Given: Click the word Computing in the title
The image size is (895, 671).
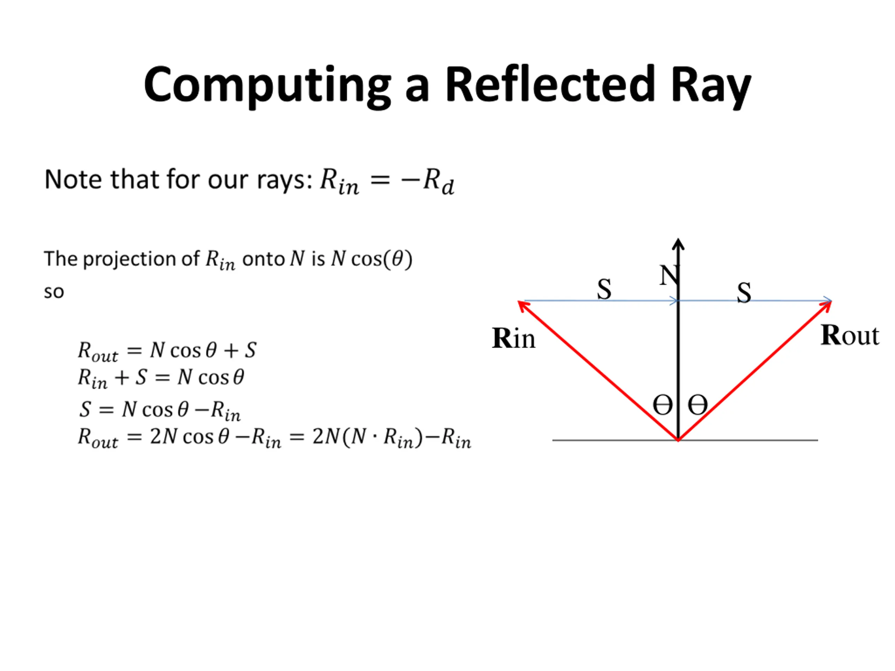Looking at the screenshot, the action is [x=267, y=85].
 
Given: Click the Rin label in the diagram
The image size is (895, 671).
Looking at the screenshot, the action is [x=513, y=338].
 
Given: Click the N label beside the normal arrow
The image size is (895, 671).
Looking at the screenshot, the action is [x=668, y=276].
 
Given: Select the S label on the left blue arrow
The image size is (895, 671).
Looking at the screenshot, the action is [x=604, y=290].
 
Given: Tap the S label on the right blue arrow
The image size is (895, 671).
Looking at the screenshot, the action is [x=744, y=293].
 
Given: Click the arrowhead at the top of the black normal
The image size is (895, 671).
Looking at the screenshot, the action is [x=678, y=244].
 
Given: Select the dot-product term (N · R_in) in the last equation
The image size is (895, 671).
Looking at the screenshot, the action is [x=382, y=437].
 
